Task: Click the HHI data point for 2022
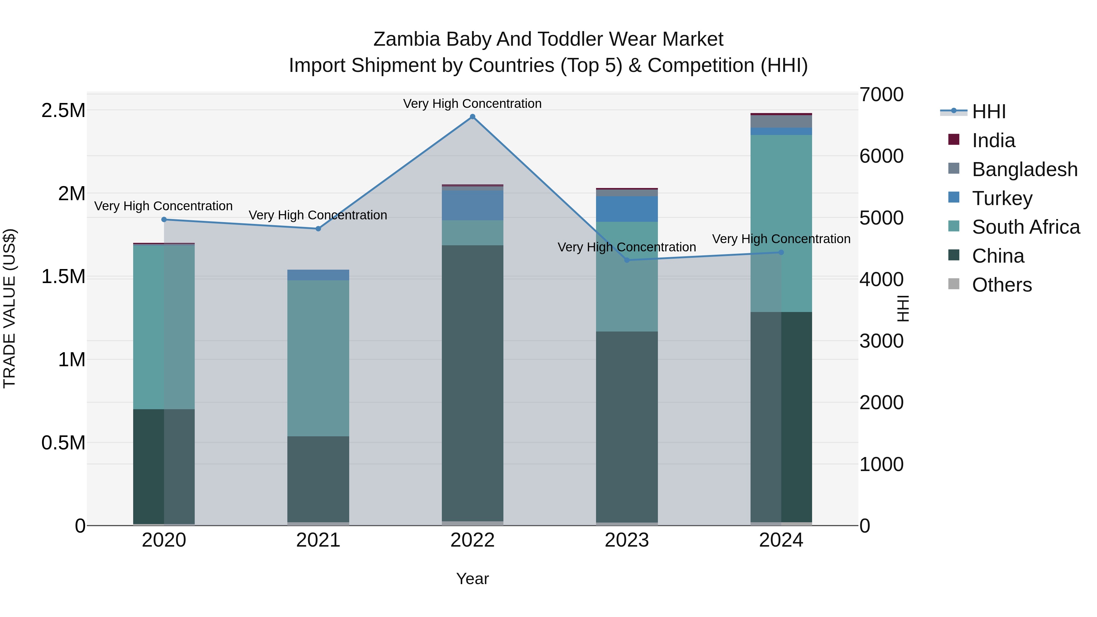(x=472, y=117)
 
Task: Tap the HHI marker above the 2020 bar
(x=164, y=219)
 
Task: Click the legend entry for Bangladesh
(x=1024, y=169)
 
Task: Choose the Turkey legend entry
(x=1002, y=198)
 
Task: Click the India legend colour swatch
(x=954, y=140)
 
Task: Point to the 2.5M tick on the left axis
(x=63, y=111)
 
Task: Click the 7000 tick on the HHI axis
(x=881, y=94)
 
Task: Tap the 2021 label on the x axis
(x=318, y=540)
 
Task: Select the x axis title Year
(x=472, y=579)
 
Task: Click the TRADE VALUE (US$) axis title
(x=9, y=308)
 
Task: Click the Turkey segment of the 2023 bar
(x=627, y=209)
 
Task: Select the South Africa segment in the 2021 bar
(x=318, y=358)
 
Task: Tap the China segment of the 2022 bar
(x=472, y=383)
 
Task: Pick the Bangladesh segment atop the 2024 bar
(x=781, y=121)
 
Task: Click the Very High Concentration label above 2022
(x=472, y=104)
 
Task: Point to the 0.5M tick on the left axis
(x=63, y=443)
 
